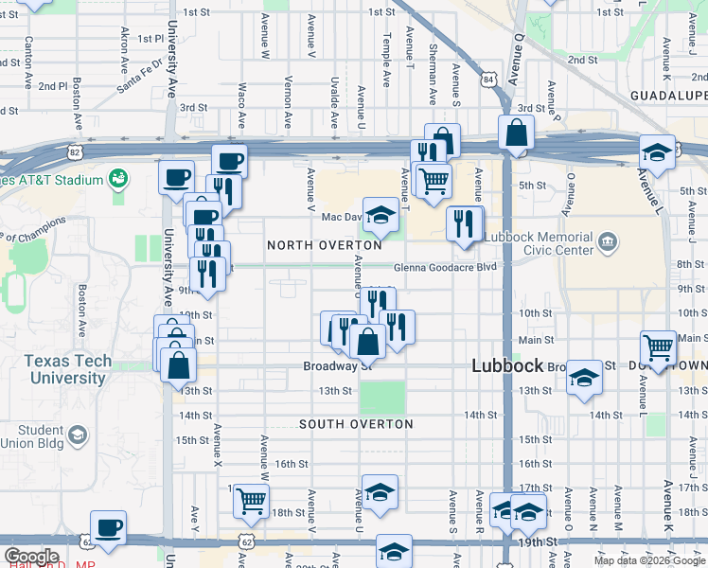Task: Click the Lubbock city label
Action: coord(507,365)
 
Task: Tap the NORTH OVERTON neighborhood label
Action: coord(325,245)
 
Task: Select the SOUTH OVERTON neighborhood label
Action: coord(356,424)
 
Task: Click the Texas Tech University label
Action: coord(66,369)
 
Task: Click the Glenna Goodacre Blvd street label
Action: coord(445,267)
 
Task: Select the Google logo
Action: coord(31,557)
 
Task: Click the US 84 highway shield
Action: coord(488,78)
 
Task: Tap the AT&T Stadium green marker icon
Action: coord(118,177)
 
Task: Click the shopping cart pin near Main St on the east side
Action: coord(658,346)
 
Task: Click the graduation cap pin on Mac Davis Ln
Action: coord(381,214)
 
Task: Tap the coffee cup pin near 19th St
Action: coord(108,527)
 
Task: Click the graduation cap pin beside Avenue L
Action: coord(657,151)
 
